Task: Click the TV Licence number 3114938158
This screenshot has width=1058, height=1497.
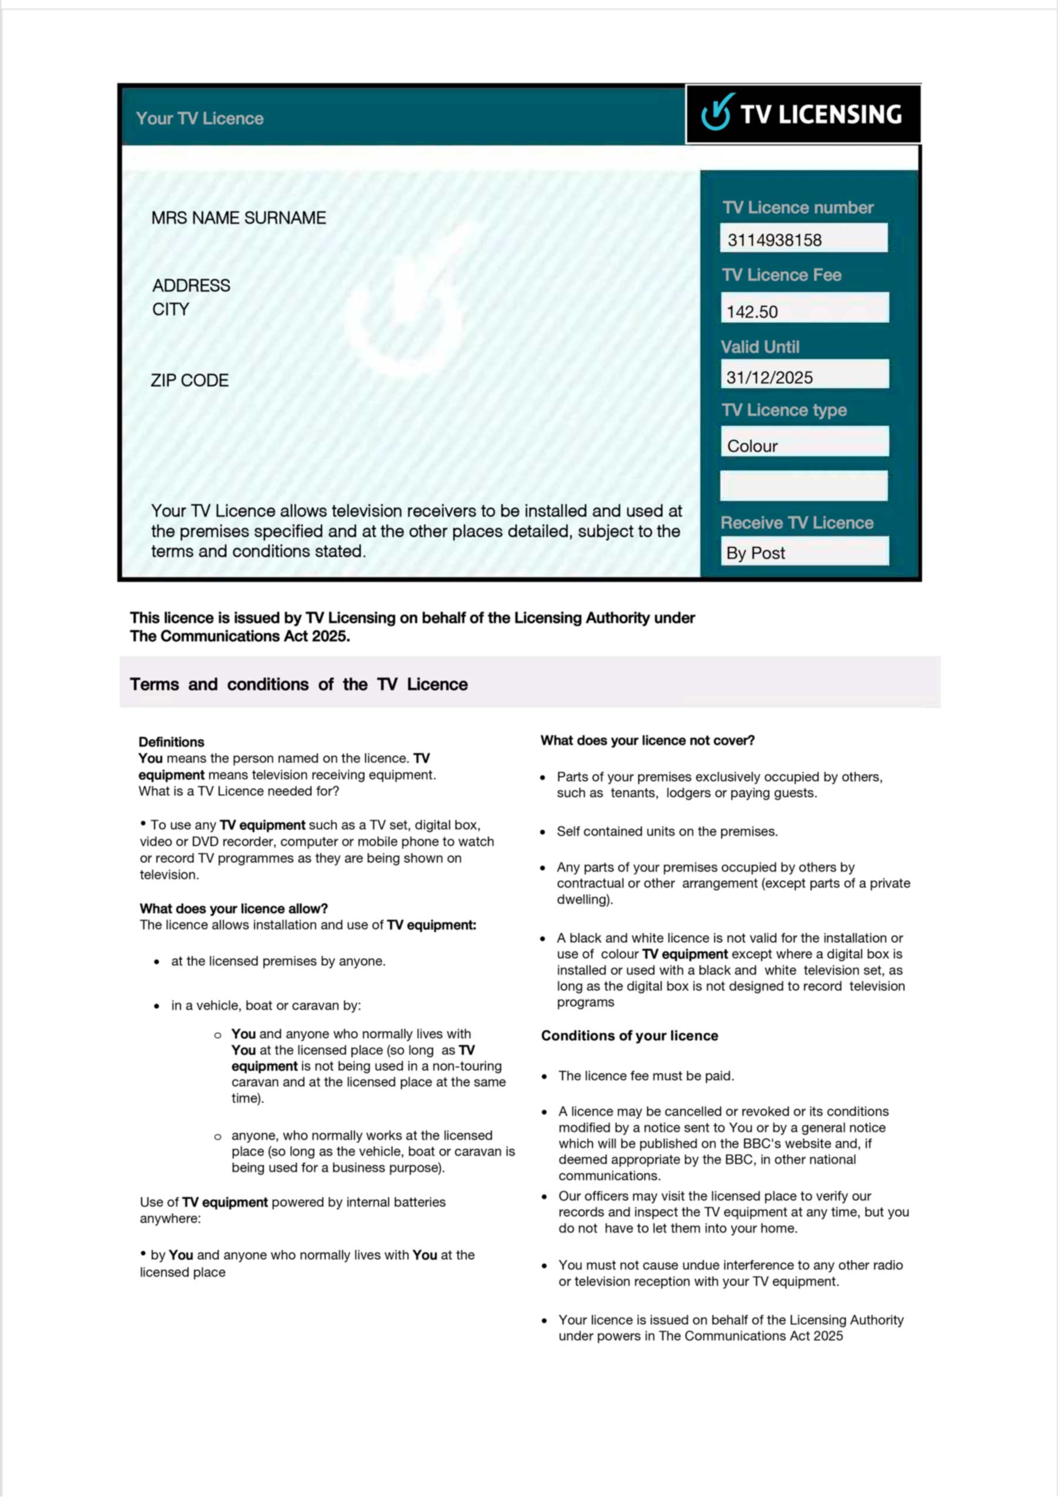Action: [775, 240]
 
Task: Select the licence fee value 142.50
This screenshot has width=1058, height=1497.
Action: [752, 312]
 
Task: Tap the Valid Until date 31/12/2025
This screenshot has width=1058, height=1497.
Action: [769, 377]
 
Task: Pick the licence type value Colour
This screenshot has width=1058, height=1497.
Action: [752, 446]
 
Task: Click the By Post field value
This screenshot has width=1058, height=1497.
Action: [755, 553]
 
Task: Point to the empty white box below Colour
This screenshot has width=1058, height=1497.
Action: [803, 486]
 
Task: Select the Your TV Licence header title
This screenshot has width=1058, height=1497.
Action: [199, 119]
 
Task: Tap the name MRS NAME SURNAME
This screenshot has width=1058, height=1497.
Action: [239, 218]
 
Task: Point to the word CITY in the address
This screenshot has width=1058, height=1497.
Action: [171, 309]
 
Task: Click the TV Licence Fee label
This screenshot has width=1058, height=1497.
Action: [782, 275]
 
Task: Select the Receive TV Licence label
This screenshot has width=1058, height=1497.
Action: [796, 523]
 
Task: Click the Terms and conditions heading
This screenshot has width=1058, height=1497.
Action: [299, 684]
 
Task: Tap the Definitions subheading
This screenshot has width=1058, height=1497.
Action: [172, 742]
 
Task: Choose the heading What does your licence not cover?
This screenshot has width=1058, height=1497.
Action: [647, 741]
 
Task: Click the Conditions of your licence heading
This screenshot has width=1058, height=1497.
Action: [630, 1036]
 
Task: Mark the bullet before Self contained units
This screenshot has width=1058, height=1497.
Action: [543, 833]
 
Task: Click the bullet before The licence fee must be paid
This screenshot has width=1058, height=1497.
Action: [544, 1077]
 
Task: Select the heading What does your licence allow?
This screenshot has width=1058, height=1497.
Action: [233, 908]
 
